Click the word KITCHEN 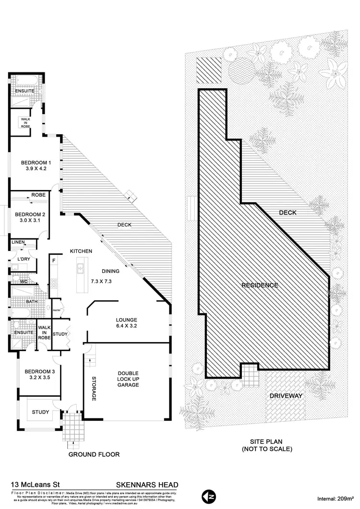pos(81,251)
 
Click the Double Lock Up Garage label pos(129,378)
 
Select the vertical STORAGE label pos(94,389)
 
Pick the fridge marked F pos(54,261)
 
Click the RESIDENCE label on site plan pos(259,285)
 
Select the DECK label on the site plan pos(288,212)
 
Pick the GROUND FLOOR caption pos(94,454)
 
